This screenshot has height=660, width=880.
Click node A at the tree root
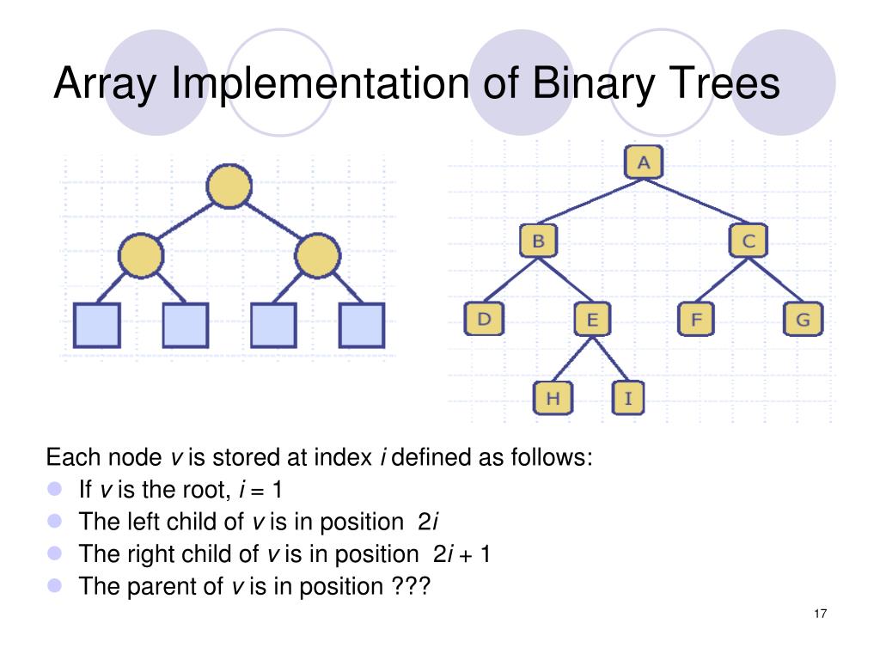click(x=643, y=161)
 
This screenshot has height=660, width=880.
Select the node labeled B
click(x=538, y=241)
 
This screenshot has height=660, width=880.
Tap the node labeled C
click(x=749, y=241)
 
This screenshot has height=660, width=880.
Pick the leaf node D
click(x=485, y=320)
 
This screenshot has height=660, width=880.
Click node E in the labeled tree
click(x=591, y=321)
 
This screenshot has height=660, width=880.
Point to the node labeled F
click(x=696, y=321)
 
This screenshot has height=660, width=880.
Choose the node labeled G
click(x=803, y=321)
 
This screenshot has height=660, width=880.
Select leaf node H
click(x=553, y=397)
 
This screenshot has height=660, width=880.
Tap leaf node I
click(x=628, y=397)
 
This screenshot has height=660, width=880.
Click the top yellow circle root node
click(x=229, y=187)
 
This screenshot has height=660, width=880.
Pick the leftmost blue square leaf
click(x=96, y=325)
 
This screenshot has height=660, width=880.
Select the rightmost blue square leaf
click(x=362, y=325)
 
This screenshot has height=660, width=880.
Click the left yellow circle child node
click(x=141, y=256)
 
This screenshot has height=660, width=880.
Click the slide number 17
click(x=818, y=614)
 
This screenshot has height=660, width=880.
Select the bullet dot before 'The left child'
click(x=57, y=521)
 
